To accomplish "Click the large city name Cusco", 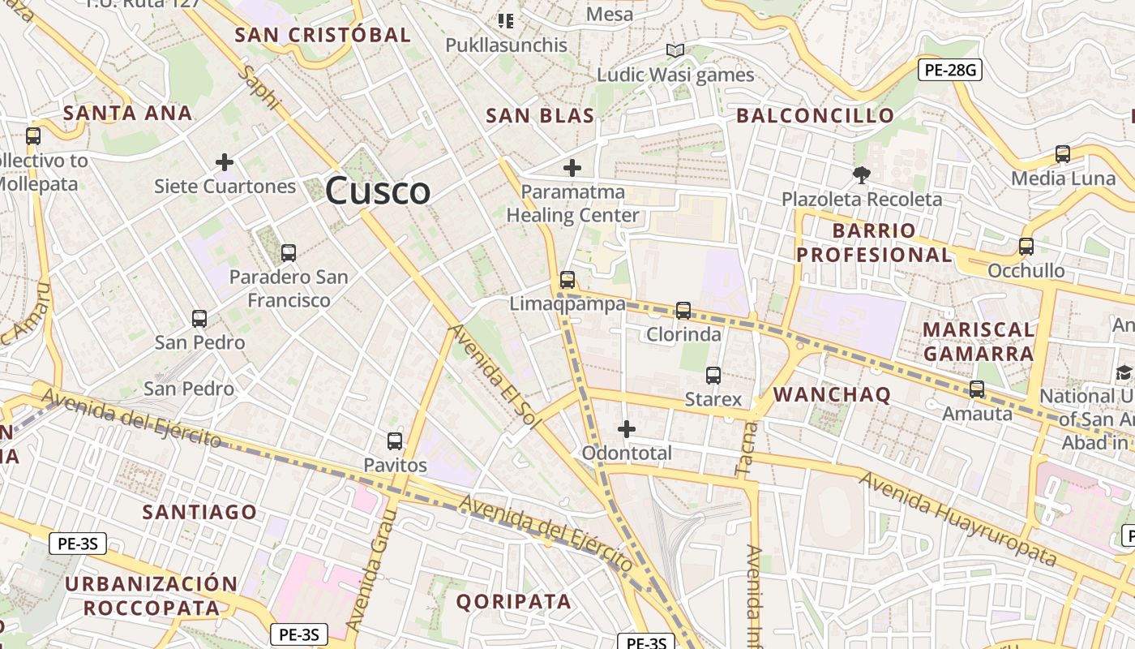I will coord(378,191).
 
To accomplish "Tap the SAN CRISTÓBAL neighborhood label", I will coord(323,35).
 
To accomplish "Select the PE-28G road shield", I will coord(950,70).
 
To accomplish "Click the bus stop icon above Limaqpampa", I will coord(567,280).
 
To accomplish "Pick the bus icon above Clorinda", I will coord(683,311).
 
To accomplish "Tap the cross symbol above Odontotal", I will coord(627,428).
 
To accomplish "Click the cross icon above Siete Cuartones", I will coord(225,162).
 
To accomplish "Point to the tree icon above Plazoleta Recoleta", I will coord(862,174).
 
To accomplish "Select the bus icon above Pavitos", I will coord(395,441).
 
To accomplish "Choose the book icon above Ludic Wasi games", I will coord(675,51).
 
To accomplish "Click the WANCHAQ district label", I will coord(832,395).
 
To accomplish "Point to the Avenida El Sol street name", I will coord(495,371).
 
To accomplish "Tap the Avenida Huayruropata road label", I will coord(958,519).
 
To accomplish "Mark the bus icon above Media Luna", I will coord(1063,153).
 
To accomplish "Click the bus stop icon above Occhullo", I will coord(1026,247).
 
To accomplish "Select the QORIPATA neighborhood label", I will coord(513,601).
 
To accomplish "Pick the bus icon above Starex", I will coord(713,376).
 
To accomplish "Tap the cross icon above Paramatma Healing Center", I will coord(572,168).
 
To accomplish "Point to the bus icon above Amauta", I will coord(977,389).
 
